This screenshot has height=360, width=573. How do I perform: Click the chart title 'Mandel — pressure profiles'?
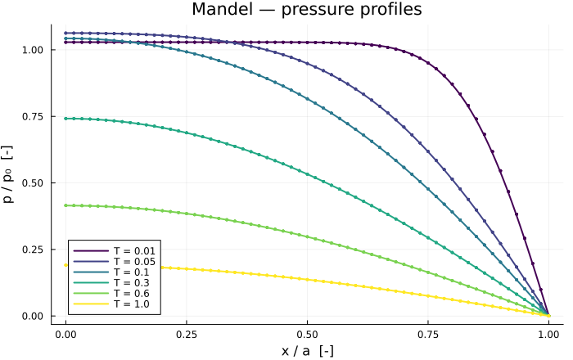pos(307,9)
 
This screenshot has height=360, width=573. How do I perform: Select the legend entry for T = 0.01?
pos(115,251)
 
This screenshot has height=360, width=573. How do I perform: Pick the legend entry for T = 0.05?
pos(115,262)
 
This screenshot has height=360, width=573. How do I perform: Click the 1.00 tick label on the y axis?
pos(33,50)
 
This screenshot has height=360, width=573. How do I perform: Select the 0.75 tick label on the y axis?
pos(33,116)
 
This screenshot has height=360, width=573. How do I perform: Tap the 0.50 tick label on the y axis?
pos(33,183)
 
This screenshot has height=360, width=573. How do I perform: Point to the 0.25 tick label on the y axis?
pos(33,250)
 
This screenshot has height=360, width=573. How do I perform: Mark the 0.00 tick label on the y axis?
pos(33,316)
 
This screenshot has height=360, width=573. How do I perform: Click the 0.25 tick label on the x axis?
pos(187,335)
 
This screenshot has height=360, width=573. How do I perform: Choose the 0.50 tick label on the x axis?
pos(307,335)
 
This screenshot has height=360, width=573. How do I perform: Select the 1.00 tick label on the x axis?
pos(548,335)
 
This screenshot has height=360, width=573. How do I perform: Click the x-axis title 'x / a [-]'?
pos(307,351)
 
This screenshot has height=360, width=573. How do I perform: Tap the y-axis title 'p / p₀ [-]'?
pos(8,174)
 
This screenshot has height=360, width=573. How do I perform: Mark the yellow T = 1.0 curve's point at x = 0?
pos(65,265)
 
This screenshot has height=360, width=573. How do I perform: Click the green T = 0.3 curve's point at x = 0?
pos(65,119)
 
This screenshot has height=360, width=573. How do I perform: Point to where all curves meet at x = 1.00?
pos(548,316)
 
